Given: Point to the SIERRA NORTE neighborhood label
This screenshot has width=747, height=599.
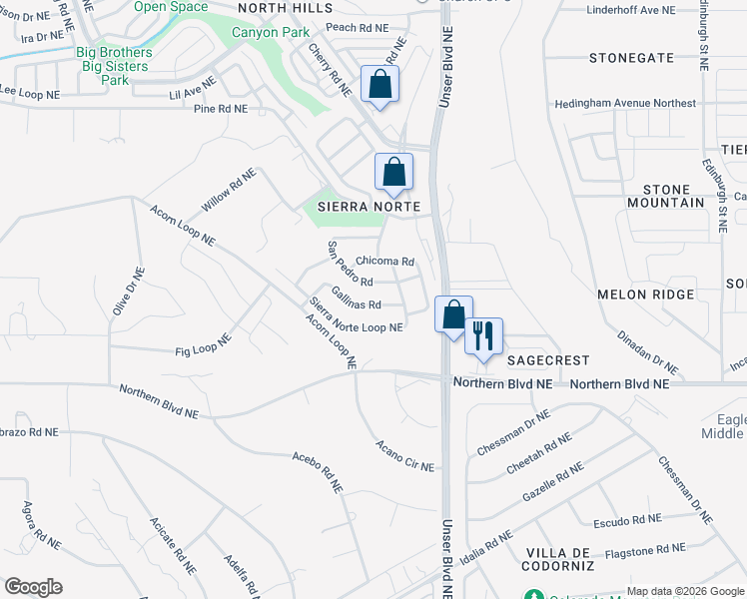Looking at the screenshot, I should tap(367, 206).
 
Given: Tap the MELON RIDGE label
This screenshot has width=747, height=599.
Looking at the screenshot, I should tap(644, 295).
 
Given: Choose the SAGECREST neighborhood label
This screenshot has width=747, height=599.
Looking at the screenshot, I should tap(547, 359).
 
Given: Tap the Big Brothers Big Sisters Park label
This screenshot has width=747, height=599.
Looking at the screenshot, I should tap(114, 66).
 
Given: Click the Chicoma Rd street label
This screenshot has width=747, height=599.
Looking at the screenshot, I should tap(384, 262).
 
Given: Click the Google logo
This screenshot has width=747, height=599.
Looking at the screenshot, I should tap(33, 587).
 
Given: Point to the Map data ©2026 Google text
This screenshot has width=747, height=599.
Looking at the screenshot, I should tap(684, 591).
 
